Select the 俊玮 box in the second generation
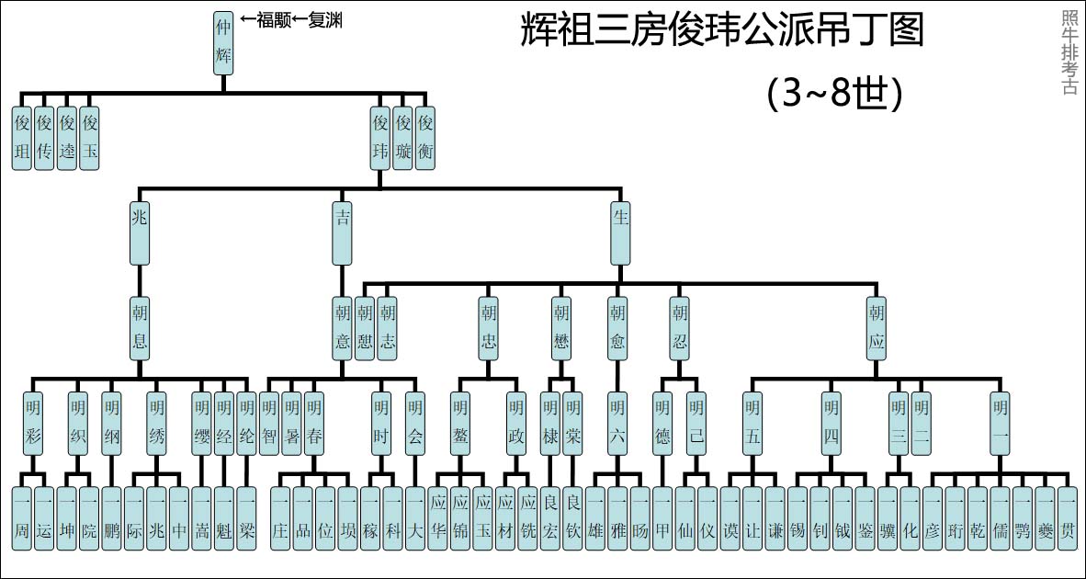(x=379, y=139)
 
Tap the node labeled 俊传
(x=44, y=139)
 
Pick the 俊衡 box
(x=424, y=139)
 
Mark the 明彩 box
(x=33, y=424)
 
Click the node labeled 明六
(x=617, y=424)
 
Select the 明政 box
(x=516, y=424)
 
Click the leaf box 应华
(x=438, y=519)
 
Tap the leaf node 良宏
(x=549, y=519)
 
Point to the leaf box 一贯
(x=1066, y=519)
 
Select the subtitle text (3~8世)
(x=832, y=93)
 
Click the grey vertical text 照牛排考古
(x=1069, y=52)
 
